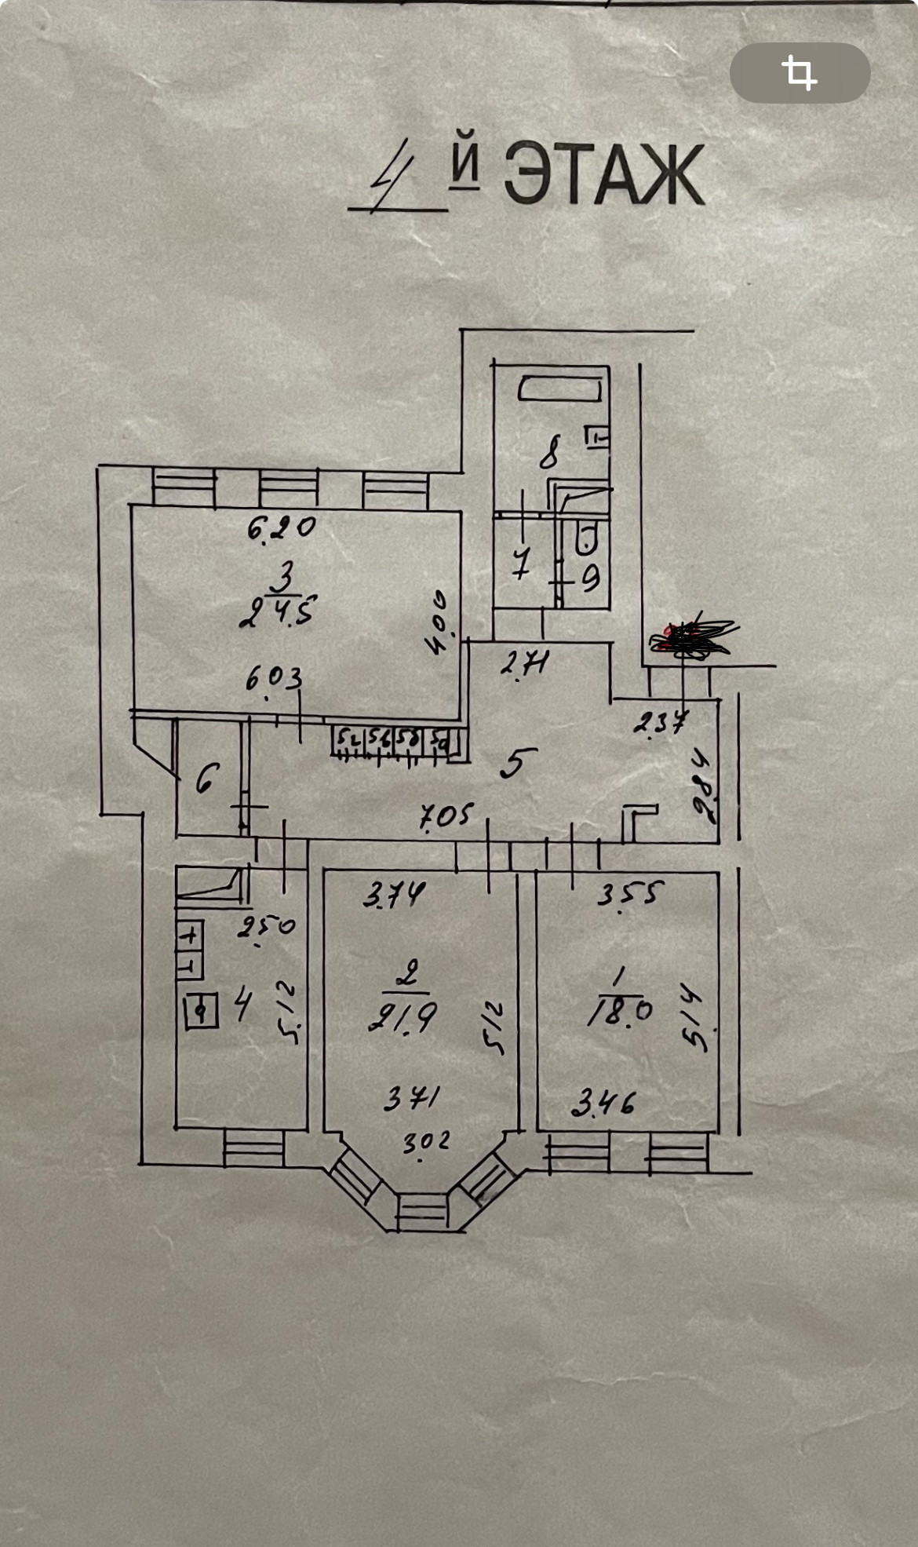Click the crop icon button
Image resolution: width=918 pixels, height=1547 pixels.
(x=800, y=73)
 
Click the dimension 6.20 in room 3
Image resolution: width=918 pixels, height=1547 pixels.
(x=281, y=527)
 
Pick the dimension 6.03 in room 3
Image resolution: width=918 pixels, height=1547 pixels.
(x=274, y=677)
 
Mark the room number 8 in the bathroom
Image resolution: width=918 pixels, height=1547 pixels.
(x=550, y=453)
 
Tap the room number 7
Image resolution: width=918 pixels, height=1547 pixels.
(x=521, y=563)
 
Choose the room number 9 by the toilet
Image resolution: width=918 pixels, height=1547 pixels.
(x=590, y=578)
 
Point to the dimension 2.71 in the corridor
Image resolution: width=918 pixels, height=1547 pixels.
(x=524, y=665)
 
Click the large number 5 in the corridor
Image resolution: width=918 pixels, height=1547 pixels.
(x=517, y=762)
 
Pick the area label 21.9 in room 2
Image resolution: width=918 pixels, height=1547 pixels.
(x=403, y=1018)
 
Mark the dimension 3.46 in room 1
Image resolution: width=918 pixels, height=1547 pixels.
(x=603, y=1104)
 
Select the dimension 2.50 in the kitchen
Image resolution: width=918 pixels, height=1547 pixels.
(x=267, y=927)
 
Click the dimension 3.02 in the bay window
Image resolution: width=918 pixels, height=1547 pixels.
(x=426, y=1142)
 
